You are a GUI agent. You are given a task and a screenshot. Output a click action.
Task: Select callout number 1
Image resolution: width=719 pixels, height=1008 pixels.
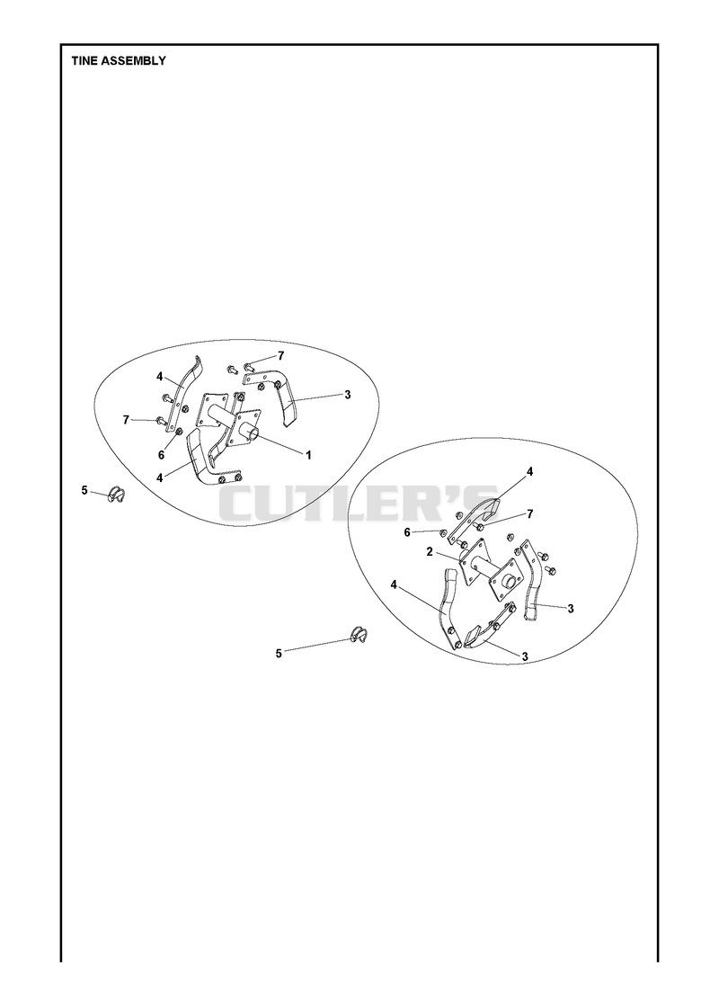(308, 455)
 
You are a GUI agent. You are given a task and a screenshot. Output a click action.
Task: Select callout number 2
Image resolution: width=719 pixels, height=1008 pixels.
(430, 552)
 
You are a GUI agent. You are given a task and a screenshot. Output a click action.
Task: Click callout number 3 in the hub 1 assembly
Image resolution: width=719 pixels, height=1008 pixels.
(348, 395)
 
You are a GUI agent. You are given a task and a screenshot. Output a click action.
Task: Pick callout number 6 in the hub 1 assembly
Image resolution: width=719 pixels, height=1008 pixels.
(161, 454)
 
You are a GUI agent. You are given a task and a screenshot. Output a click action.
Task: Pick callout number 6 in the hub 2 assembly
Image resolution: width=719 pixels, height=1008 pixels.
(407, 532)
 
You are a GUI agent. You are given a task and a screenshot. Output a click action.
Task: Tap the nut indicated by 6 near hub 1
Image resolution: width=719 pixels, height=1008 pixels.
(179, 432)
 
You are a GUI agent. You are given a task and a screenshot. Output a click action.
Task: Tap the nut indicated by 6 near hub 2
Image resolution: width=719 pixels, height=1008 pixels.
(444, 533)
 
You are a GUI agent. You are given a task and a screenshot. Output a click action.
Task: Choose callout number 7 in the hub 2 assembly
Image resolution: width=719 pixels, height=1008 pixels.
(530, 513)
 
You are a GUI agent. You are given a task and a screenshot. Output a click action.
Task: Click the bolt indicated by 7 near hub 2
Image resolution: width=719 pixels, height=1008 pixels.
(479, 527)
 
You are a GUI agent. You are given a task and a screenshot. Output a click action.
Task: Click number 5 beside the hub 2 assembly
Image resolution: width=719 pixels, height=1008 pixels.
(279, 653)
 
